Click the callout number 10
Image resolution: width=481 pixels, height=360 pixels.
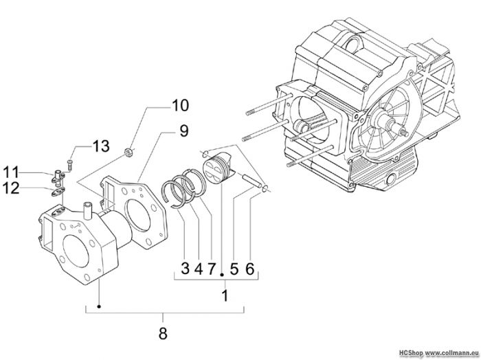tap(179, 106)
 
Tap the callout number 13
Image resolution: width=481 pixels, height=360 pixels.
tap(100, 146)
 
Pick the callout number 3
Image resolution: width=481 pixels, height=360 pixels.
tap(185, 269)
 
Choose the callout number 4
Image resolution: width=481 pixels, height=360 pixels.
tap(197, 269)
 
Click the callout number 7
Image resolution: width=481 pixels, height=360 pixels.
tap(211, 269)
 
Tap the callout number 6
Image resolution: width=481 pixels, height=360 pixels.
tap(250, 269)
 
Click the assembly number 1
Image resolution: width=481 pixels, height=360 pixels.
tap(223, 297)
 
